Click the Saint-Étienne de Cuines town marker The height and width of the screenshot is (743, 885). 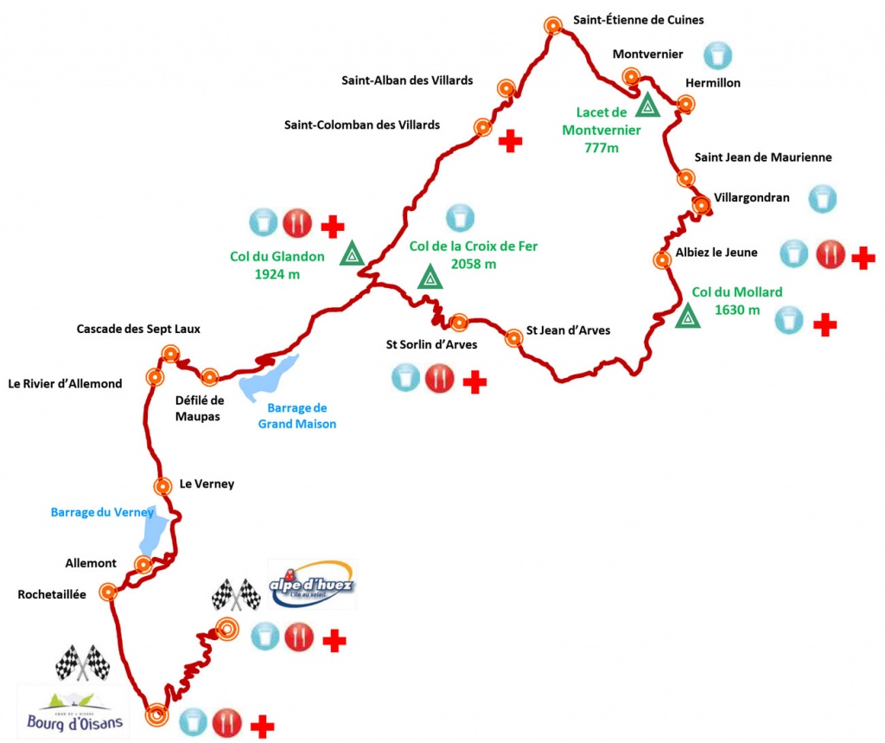(x=554, y=26)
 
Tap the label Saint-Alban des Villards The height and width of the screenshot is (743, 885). (x=408, y=80)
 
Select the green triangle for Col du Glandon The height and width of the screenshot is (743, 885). (x=352, y=255)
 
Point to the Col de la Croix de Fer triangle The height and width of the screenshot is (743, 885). (x=430, y=278)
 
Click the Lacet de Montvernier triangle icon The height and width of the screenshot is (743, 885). (x=647, y=106)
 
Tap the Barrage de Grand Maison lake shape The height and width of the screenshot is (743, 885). (x=268, y=379)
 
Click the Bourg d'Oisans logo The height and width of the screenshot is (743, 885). (x=74, y=713)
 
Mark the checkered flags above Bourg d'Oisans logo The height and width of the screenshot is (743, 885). (x=83, y=663)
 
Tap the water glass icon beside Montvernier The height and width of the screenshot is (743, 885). (x=716, y=54)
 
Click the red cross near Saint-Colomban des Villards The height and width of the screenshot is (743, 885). (x=511, y=140)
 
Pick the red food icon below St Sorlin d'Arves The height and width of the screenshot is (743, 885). (x=439, y=378)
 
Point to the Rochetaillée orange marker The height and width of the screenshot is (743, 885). (x=108, y=592)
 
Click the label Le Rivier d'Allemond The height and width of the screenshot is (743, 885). (x=65, y=383)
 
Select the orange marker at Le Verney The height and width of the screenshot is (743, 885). (x=162, y=486)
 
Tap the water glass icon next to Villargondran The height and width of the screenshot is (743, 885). (x=822, y=199)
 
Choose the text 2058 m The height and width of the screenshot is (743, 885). (x=474, y=264)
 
